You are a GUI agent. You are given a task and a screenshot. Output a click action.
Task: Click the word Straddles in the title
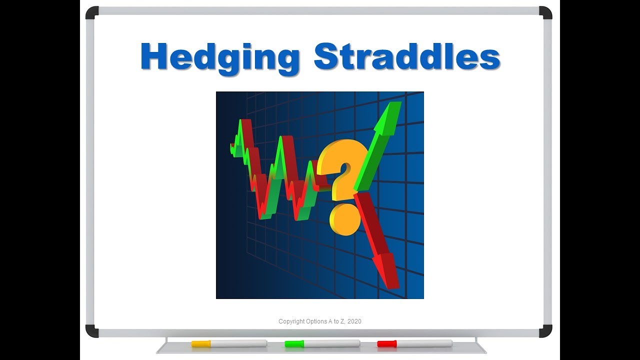[407, 56]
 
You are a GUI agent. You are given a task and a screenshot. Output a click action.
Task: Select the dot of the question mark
[344, 219]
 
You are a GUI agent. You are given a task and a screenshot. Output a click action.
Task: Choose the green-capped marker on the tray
[322, 343]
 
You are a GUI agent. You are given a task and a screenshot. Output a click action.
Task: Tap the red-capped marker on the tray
[414, 343]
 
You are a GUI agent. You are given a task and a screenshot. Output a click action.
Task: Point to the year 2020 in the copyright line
[354, 321]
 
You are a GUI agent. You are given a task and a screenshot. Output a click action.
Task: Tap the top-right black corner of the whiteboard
[545, 12]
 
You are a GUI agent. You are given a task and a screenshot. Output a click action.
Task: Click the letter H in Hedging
[152, 56]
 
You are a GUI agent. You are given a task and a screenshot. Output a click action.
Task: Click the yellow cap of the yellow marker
[201, 343]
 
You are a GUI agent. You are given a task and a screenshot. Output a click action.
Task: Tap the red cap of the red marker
[386, 343]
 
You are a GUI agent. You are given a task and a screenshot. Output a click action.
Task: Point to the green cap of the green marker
[294, 343]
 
